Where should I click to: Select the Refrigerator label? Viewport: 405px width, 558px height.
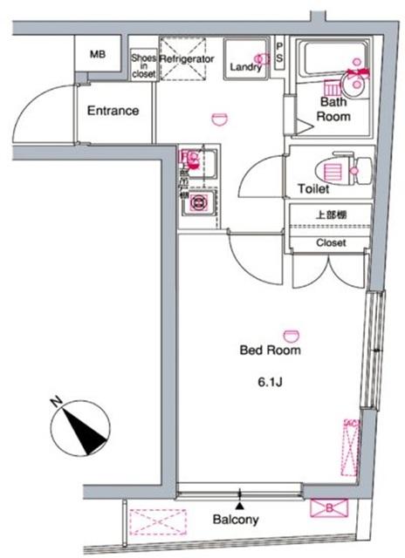(187, 58)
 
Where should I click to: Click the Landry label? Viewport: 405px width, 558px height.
(247, 66)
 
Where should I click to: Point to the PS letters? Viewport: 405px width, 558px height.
(279, 53)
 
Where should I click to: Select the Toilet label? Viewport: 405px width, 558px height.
(312, 188)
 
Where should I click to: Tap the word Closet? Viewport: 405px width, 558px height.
(331, 242)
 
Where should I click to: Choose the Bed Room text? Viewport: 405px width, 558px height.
(271, 350)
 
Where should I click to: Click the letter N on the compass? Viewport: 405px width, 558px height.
(55, 401)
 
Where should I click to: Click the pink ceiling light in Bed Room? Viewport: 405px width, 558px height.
(290, 333)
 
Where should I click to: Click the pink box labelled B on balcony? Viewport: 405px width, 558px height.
(329, 507)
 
